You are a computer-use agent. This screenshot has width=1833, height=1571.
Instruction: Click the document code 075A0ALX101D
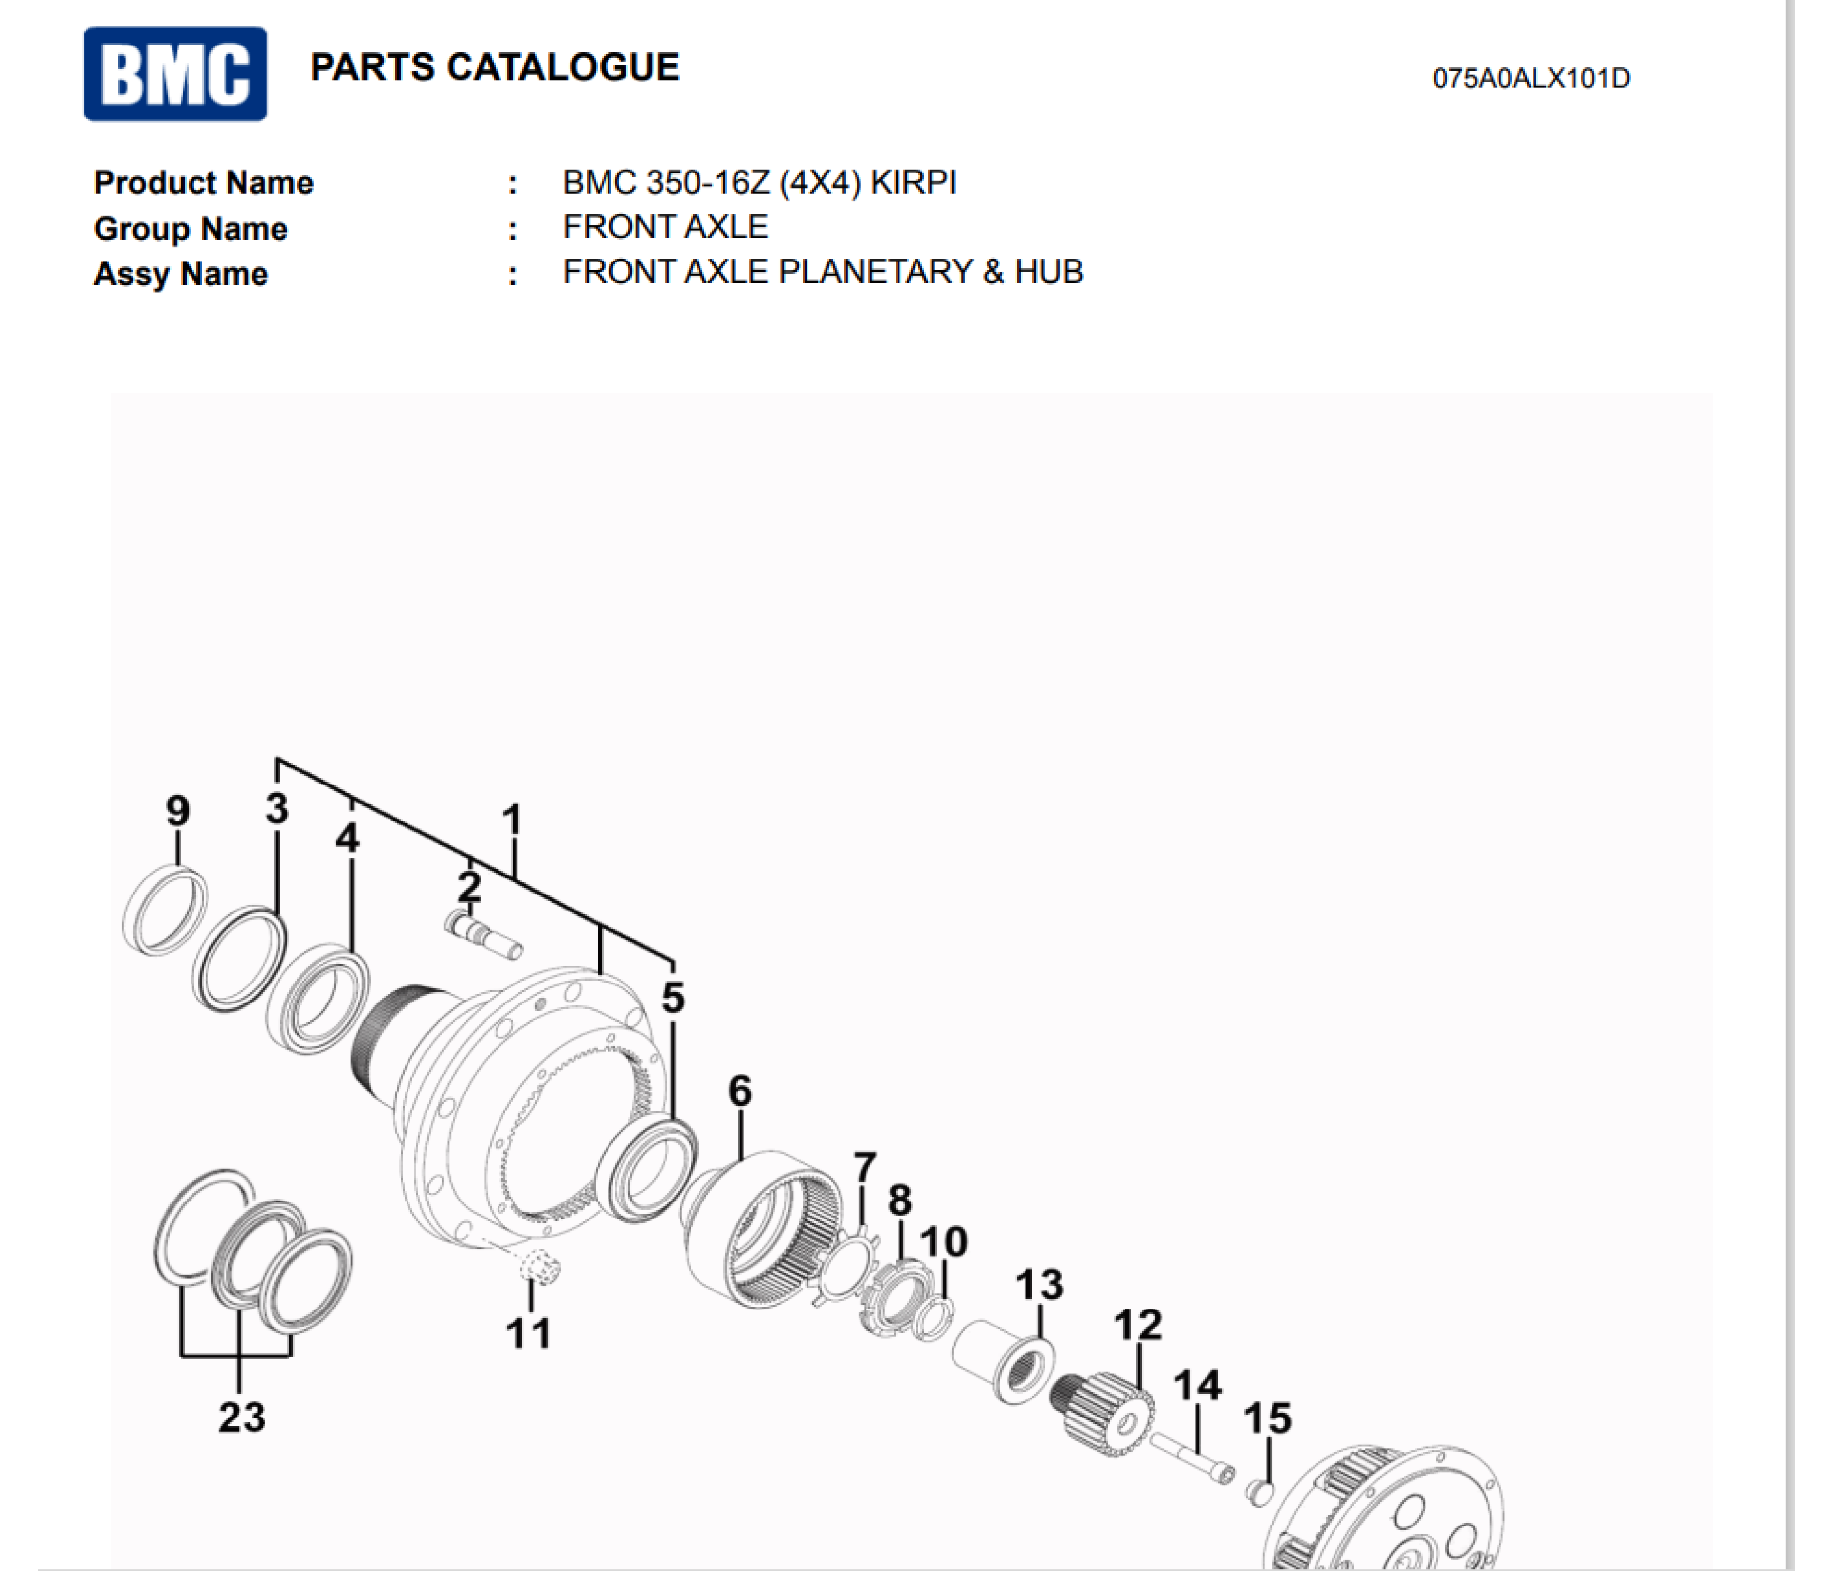[1531, 79]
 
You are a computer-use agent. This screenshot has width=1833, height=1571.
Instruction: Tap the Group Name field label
[191, 229]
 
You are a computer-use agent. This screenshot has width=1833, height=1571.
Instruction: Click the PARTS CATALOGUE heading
[494, 67]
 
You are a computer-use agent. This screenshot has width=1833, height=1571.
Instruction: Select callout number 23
[242, 1417]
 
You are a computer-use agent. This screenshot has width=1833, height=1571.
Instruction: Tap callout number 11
[528, 1333]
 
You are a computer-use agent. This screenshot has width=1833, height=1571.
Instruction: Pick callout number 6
[740, 1091]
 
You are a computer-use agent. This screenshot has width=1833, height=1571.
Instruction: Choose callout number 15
[1267, 1418]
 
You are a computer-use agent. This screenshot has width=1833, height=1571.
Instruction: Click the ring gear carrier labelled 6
[765, 1229]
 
